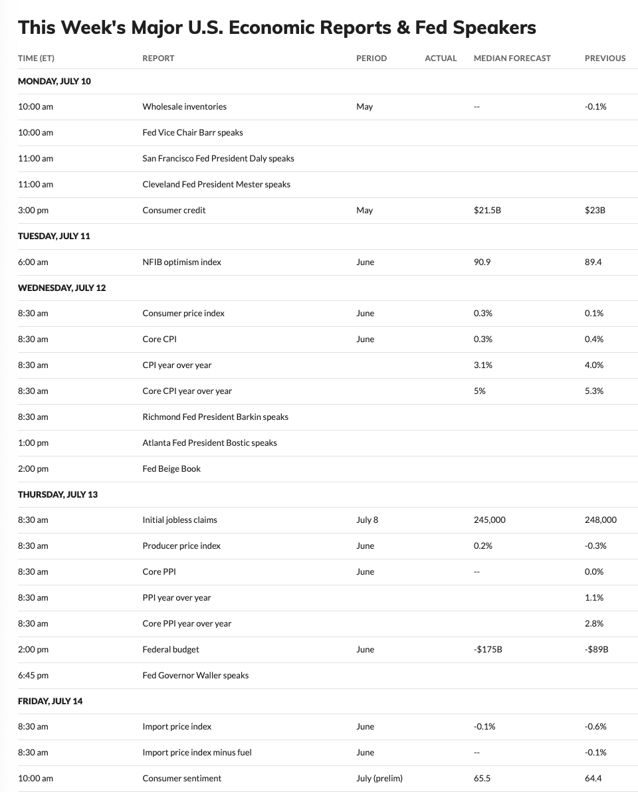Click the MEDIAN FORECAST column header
[x=512, y=58]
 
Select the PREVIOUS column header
[x=605, y=58]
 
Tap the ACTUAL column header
[x=441, y=58]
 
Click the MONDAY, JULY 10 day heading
[x=54, y=81]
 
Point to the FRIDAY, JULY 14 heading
[x=51, y=701]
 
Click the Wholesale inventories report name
[x=184, y=106]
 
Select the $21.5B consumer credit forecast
[x=487, y=210]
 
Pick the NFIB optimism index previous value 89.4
[x=593, y=262]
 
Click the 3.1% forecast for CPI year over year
[x=483, y=365]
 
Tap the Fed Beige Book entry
[x=171, y=468]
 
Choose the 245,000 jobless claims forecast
[x=489, y=520]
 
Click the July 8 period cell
[x=367, y=520]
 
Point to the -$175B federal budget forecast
[x=488, y=649]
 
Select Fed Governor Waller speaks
[x=195, y=675]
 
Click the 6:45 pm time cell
[x=33, y=675]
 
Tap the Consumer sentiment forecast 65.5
[x=482, y=778]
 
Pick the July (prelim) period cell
[x=379, y=778]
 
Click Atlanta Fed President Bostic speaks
[x=209, y=443]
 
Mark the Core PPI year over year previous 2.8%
[x=594, y=623]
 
